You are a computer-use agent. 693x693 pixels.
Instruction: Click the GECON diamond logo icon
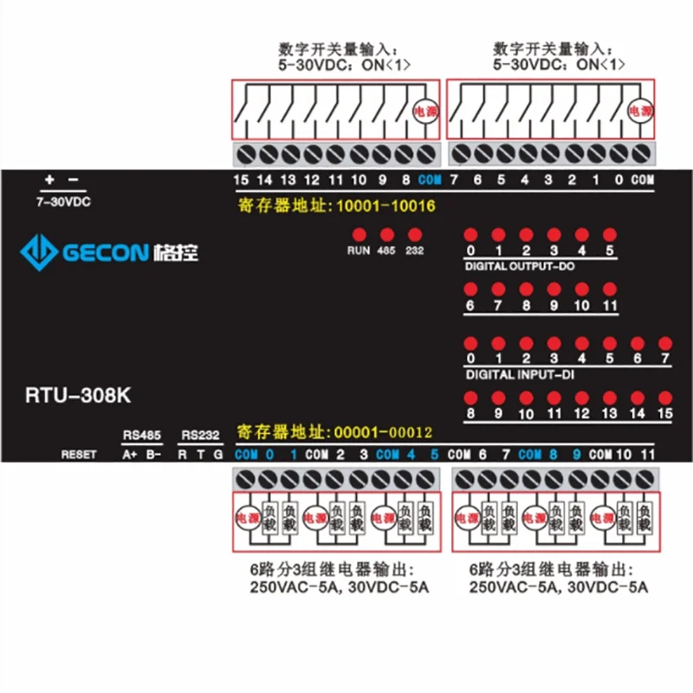[38, 253]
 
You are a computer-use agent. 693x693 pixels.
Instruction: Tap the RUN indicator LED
[359, 235]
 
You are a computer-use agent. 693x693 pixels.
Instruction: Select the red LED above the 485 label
[386, 235]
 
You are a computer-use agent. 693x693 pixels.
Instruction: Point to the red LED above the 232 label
[415, 235]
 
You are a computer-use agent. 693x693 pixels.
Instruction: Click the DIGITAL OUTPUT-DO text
[519, 266]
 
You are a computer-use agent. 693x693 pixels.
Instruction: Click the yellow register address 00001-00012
[334, 431]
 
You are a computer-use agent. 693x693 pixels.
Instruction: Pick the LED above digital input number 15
[665, 398]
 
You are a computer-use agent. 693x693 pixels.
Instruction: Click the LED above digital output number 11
[609, 289]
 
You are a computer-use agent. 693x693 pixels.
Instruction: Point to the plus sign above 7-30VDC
[49, 180]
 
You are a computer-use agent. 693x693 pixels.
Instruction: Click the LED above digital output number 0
[470, 235]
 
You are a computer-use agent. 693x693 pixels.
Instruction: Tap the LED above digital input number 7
[665, 343]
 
